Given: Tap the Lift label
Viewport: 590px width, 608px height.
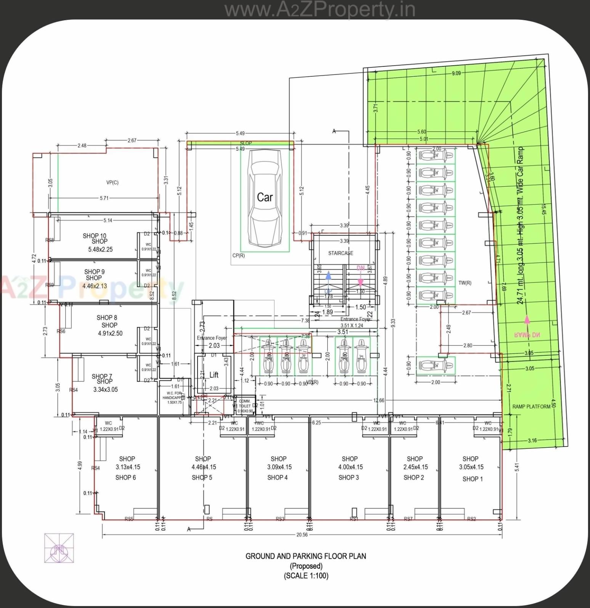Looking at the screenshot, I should [x=214, y=375].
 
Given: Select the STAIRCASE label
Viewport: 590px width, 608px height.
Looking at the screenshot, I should [x=341, y=253].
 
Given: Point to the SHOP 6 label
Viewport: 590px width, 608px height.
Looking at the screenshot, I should [x=125, y=477].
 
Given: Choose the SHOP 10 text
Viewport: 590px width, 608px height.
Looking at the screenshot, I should [x=95, y=236].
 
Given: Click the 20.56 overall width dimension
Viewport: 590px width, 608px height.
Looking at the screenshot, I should [x=302, y=535].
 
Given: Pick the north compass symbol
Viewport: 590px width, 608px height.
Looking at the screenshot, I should [x=59, y=548].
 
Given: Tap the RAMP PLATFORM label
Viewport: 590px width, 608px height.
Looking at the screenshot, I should [x=531, y=406].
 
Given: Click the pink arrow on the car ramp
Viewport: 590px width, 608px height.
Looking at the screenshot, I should [x=527, y=320].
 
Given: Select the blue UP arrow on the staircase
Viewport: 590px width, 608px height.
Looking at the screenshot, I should [x=329, y=279].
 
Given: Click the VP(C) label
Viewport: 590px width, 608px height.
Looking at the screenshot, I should [x=112, y=182].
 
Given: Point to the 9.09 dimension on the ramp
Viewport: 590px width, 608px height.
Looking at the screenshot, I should [x=456, y=73].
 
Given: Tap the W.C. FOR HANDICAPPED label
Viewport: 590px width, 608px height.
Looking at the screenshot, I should [x=174, y=397].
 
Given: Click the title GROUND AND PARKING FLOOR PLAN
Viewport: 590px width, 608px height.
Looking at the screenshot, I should [x=305, y=556].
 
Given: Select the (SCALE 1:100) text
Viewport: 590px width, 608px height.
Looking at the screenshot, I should [x=306, y=576].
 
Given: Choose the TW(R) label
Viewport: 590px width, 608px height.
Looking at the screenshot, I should [x=465, y=283].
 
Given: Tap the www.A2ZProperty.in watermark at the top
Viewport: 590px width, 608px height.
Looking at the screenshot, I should [x=320, y=10].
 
